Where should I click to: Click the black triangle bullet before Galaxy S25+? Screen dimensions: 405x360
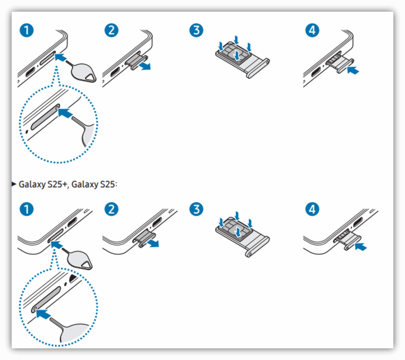14,184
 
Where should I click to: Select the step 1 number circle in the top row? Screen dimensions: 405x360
26,30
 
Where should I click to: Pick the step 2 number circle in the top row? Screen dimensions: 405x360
111,30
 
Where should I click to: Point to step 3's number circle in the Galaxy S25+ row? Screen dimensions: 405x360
196,209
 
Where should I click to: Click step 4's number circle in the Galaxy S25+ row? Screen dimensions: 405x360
312,209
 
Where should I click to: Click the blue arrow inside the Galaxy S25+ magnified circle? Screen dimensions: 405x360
43,314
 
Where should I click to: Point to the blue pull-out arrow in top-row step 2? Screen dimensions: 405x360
144,66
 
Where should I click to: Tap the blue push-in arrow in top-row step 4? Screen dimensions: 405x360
353,70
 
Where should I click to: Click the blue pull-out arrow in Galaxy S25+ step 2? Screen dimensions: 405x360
153,243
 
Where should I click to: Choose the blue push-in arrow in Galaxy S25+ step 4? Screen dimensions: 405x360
361,247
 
